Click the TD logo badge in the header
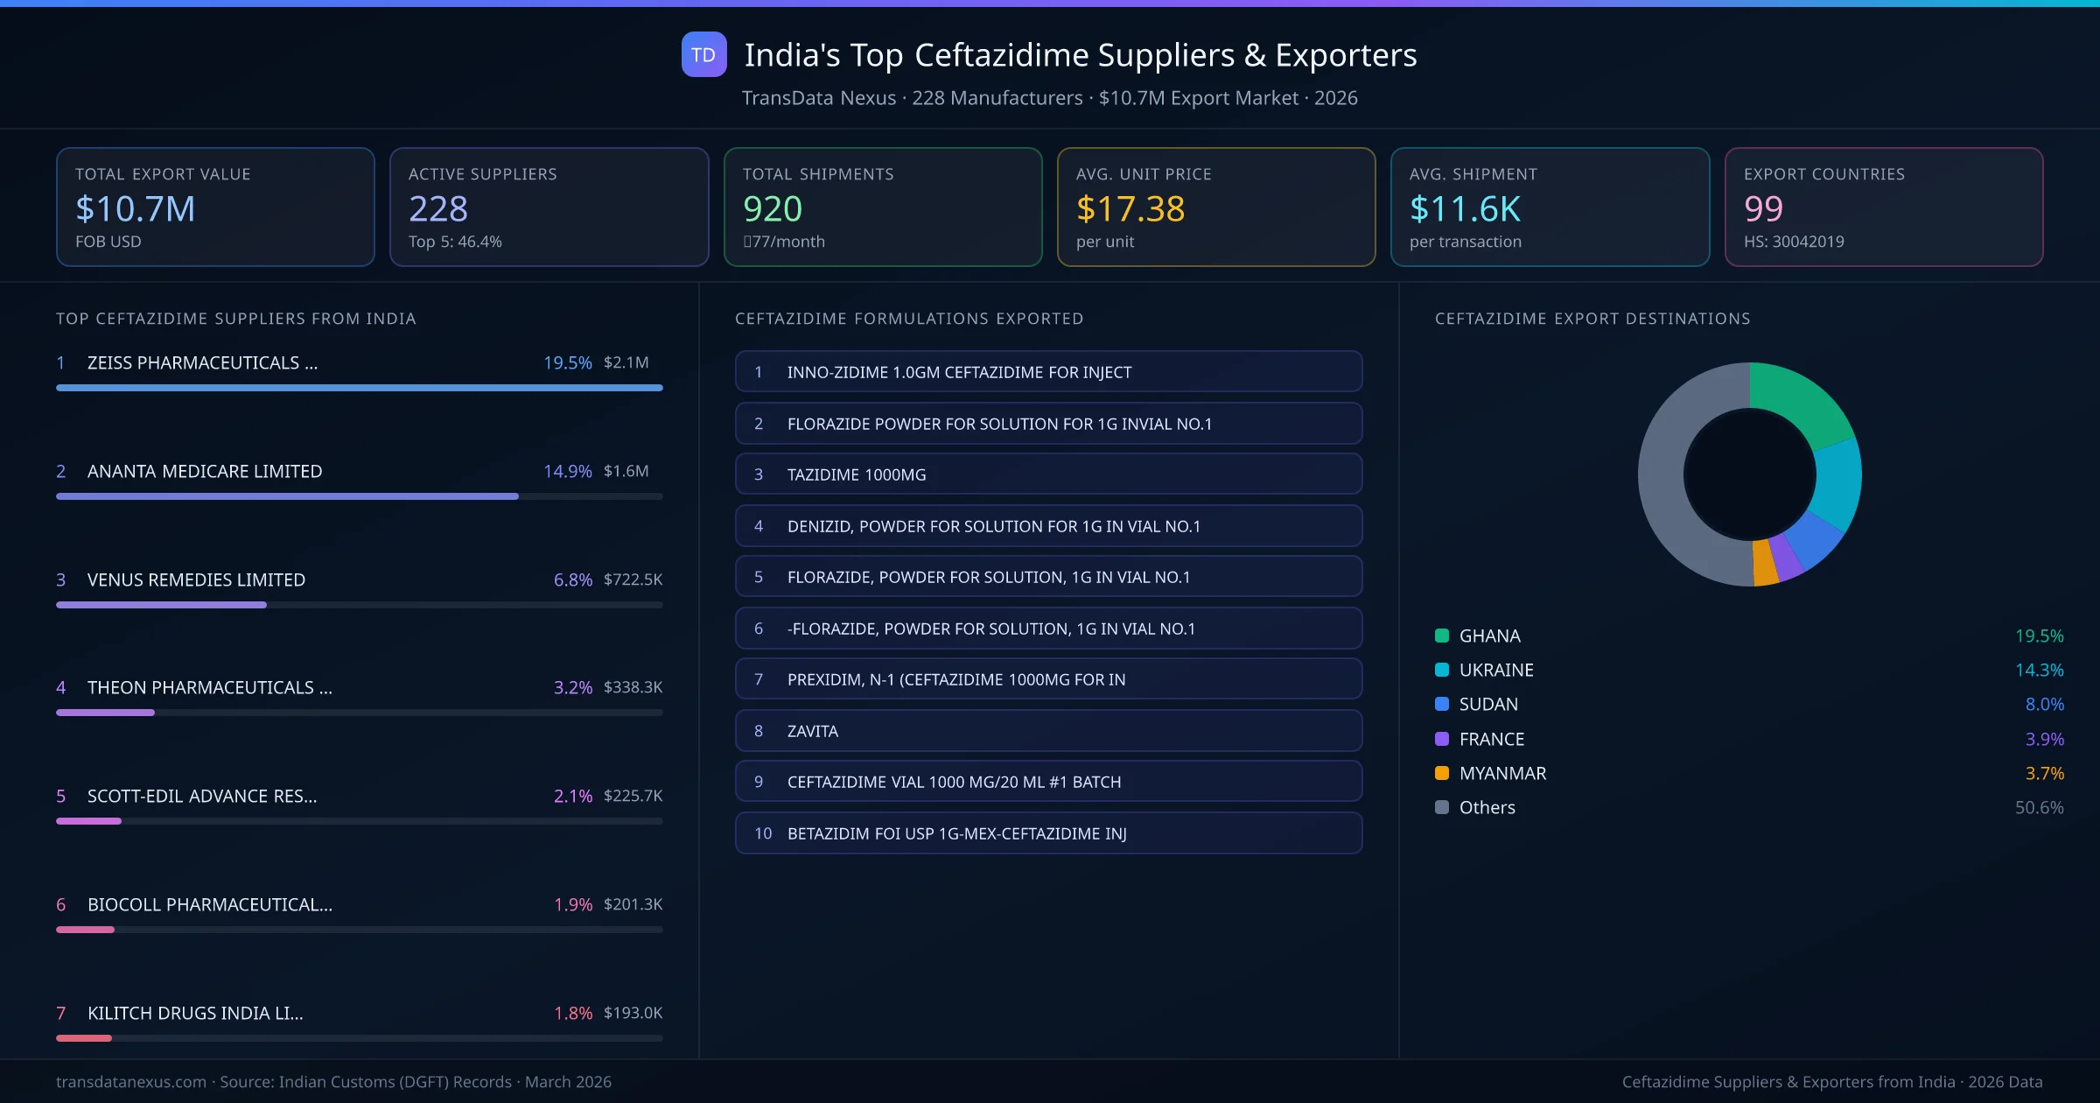tap(703, 54)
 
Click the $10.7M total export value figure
tap(136, 208)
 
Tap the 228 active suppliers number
tap(438, 208)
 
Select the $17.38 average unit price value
tap(1130, 208)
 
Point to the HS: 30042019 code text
tap(1794, 242)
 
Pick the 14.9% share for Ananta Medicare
tap(567, 471)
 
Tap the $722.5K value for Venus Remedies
tap(633, 580)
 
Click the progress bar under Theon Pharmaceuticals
tap(359, 713)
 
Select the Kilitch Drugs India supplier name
tap(195, 1013)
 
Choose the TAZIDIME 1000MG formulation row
tap(1048, 474)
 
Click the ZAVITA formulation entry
tap(1048, 731)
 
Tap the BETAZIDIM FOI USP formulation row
tap(1048, 833)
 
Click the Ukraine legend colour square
tap(1442, 670)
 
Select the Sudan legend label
tap(1488, 704)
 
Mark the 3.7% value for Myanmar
tap(2044, 773)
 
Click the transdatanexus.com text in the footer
tap(131, 1082)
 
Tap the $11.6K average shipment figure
tap(1465, 208)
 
